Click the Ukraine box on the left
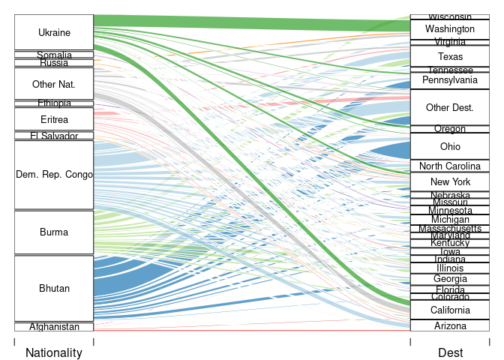point(54,33)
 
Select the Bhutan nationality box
point(54,289)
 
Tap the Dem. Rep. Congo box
point(54,175)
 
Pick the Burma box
point(54,232)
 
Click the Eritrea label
point(54,119)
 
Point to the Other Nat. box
point(54,84)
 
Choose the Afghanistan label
point(54,327)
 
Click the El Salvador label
point(54,136)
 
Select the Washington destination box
point(449,28)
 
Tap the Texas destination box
point(450,56)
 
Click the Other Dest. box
point(449,108)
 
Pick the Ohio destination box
point(450,146)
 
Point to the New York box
point(450,182)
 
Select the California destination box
point(450,310)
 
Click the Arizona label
point(450,325)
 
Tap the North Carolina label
point(450,166)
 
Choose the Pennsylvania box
point(450,79)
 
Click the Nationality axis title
point(54,352)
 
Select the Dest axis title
point(451,352)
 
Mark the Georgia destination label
point(450,279)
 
